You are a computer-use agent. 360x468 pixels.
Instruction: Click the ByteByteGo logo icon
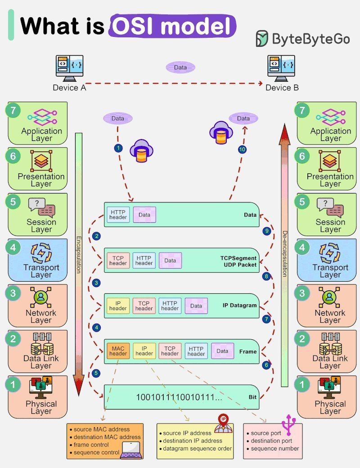pos(262,39)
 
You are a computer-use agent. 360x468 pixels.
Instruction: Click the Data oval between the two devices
pos(180,67)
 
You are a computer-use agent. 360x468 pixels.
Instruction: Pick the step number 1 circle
pos(118,148)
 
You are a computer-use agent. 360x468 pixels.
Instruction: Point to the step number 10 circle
pos(243,150)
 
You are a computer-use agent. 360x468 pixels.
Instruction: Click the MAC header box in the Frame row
pos(118,351)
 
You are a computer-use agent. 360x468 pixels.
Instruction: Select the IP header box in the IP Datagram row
pos(118,306)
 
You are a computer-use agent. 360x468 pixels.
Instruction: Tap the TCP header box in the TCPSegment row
pos(118,261)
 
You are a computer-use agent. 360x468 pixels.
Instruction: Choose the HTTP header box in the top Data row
pos(118,215)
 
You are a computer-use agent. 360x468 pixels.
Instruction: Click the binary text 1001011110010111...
pos(179,397)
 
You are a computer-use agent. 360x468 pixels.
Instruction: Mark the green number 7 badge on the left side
pos(13,110)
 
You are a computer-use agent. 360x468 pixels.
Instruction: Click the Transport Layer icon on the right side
pos(330,252)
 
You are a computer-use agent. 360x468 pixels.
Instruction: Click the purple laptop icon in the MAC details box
pos(131,450)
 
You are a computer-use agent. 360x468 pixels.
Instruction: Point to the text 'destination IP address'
pos(193,441)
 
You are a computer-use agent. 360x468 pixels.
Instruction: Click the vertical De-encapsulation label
pos(284,254)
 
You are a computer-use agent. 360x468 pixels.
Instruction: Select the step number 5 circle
pos(96,373)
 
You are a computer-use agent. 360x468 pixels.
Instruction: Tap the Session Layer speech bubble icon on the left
pos(41,207)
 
